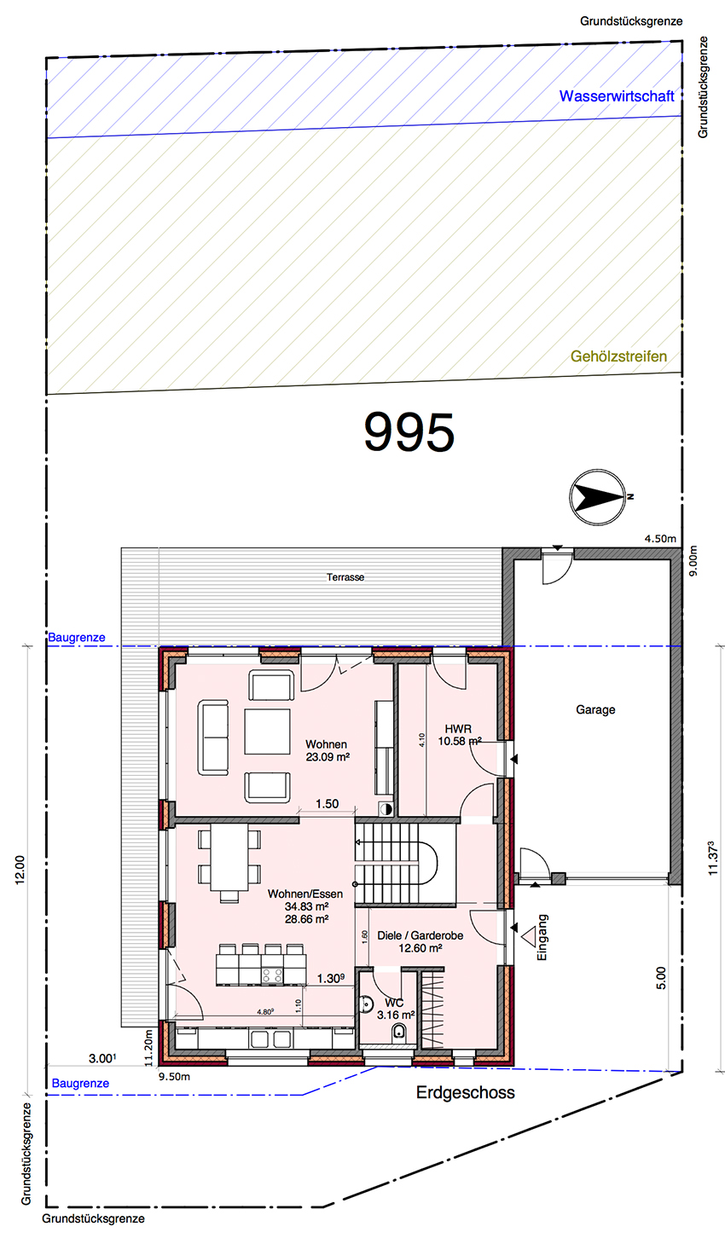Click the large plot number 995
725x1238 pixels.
(x=409, y=432)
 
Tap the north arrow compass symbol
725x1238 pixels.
(x=598, y=497)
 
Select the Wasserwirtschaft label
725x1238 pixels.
(x=617, y=96)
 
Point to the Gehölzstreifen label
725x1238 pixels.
(x=619, y=356)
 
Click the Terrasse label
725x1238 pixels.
(x=345, y=577)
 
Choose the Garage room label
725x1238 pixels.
(x=595, y=709)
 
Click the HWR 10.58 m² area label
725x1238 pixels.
(x=459, y=735)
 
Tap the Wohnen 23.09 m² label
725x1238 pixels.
(x=328, y=750)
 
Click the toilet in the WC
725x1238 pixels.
(x=398, y=1032)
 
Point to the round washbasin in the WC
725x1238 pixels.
(x=365, y=1004)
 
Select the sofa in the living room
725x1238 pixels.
(x=213, y=738)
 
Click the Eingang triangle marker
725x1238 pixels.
(x=526, y=936)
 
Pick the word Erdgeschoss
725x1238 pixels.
(x=466, y=1093)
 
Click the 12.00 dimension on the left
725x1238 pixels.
(x=20, y=870)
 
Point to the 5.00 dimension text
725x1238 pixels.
(x=661, y=978)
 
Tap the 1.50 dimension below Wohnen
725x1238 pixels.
(x=327, y=804)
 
